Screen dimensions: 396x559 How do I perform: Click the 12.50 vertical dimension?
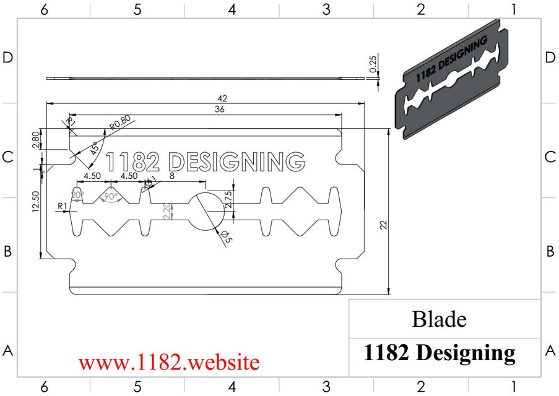point(35,202)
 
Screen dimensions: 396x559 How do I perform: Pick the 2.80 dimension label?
point(36,139)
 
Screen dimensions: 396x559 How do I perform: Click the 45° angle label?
point(93,148)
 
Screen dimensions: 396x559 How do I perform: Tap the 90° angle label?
point(111,196)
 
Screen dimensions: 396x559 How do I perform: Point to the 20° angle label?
point(77,194)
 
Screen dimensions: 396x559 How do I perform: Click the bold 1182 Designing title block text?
point(439,352)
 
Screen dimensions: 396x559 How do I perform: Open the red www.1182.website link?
point(168,361)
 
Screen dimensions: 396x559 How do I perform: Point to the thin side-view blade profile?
point(204,79)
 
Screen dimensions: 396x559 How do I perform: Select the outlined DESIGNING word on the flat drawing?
point(237,161)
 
